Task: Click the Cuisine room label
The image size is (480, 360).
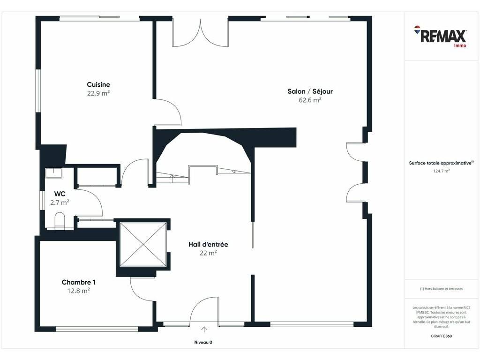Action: click(98, 84)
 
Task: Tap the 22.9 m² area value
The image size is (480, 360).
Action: click(98, 93)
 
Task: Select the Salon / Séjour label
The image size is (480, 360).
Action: click(310, 91)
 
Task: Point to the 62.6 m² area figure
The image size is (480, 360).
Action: click(310, 100)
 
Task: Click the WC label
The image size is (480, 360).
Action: click(60, 194)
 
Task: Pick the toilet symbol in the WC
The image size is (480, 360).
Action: click(60, 220)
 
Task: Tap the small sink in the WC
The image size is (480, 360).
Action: click(53, 173)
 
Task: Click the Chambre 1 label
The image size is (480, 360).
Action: click(79, 282)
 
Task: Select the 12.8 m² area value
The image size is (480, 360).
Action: click(79, 291)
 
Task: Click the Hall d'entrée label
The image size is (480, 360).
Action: click(208, 244)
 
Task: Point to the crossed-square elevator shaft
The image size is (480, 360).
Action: click(143, 245)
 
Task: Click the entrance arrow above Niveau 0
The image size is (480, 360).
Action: click(204, 330)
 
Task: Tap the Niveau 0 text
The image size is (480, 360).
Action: click(203, 342)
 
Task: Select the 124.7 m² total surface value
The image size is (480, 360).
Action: click(442, 171)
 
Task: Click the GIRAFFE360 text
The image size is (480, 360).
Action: click(441, 336)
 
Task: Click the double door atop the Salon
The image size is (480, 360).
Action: click(200, 32)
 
